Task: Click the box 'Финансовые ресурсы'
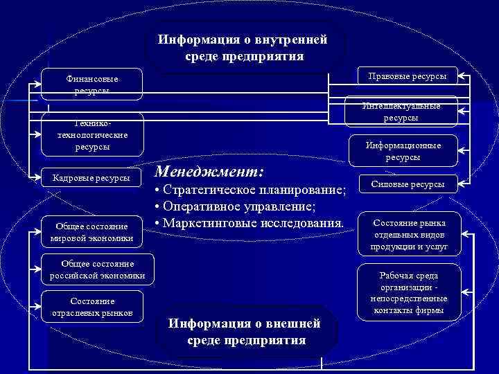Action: [x=92, y=84]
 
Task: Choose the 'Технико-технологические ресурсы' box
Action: [x=92, y=135]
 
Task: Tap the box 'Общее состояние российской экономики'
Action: [x=97, y=269]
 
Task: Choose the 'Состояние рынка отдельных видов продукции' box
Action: [x=409, y=234]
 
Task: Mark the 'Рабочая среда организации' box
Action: [x=409, y=292]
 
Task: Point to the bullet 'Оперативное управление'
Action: [x=236, y=207]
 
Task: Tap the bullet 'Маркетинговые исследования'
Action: [x=249, y=224]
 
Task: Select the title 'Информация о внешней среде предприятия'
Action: [x=247, y=332]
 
